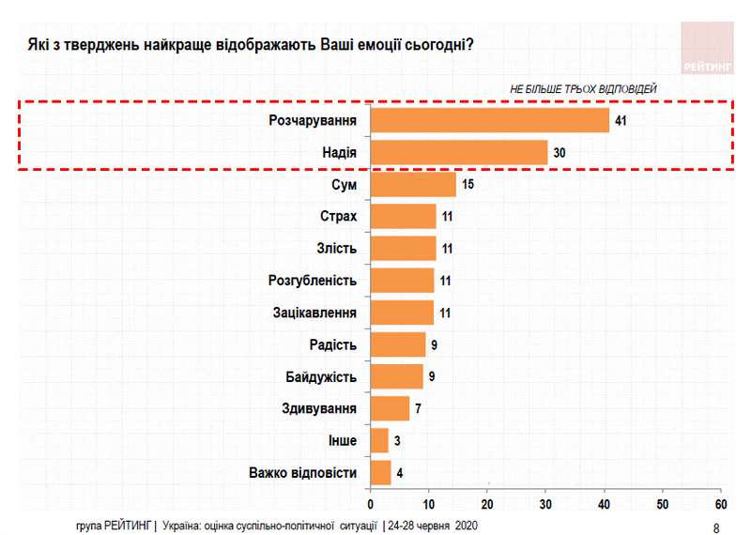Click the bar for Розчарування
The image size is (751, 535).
click(x=490, y=120)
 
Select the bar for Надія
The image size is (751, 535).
click(x=459, y=152)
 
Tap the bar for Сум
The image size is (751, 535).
click(x=413, y=184)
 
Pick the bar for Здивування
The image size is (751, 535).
click(x=391, y=408)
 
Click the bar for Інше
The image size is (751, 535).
click(x=380, y=440)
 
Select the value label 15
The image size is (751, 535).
click(x=468, y=184)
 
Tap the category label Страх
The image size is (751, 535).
click(x=339, y=217)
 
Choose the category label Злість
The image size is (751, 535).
click(x=338, y=249)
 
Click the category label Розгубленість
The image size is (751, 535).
click(x=313, y=281)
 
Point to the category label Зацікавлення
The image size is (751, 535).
click(x=314, y=313)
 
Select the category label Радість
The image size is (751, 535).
click(x=333, y=344)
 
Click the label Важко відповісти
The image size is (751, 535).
click(x=302, y=473)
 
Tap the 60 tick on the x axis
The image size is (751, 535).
click(x=720, y=495)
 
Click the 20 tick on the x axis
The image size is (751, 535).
click(x=487, y=495)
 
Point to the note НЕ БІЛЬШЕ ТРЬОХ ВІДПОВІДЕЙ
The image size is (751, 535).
click(x=583, y=87)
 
